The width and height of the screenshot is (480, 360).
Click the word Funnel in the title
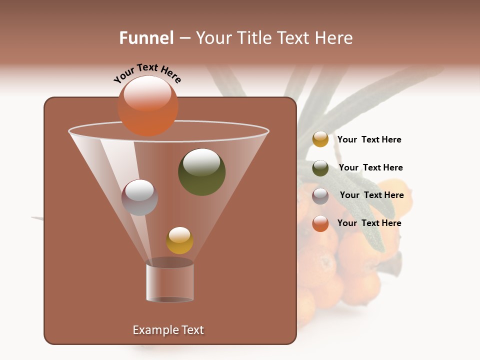[x=146, y=38]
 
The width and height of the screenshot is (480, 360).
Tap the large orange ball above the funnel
[x=147, y=106]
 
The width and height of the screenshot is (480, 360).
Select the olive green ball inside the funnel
[x=201, y=172]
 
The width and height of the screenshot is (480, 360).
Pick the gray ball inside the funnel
[x=139, y=197]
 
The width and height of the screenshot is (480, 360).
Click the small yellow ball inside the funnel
[x=179, y=240]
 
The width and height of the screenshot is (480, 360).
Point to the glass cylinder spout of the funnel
[x=169, y=282]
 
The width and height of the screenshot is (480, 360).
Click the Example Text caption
[x=168, y=330]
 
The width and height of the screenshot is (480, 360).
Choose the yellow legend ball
[x=320, y=139]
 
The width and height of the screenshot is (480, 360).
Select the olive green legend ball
[x=320, y=168]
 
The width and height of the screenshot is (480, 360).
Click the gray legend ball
[x=320, y=196]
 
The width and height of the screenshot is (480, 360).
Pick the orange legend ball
[x=320, y=223]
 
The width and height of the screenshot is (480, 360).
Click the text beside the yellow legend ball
[x=369, y=139]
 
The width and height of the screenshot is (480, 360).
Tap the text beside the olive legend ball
[x=370, y=167]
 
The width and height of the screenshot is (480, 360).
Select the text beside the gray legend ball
[x=371, y=195]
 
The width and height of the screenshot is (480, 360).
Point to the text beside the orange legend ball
[x=369, y=223]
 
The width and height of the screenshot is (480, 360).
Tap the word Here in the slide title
[x=333, y=38]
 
